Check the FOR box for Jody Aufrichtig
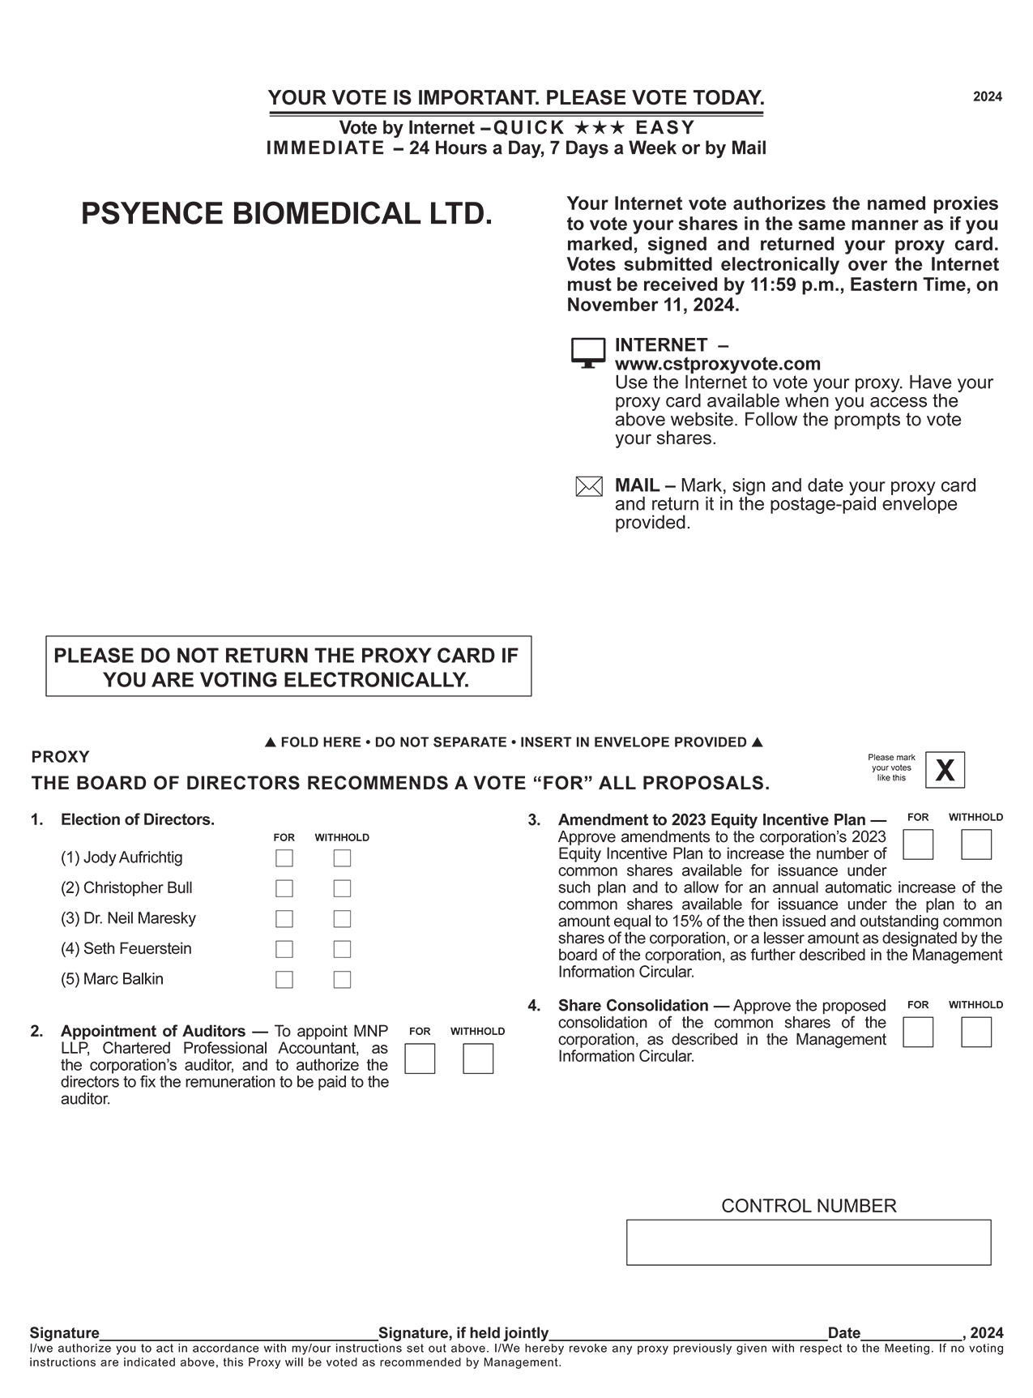(x=284, y=858)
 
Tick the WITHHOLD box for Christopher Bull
(x=342, y=888)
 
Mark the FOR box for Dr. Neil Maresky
(x=284, y=919)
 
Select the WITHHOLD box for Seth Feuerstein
(x=342, y=949)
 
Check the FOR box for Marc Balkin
(x=284, y=980)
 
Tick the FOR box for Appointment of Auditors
(x=420, y=1058)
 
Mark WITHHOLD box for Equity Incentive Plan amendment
(x=976, y=844)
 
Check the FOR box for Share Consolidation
(x=918, y=1032)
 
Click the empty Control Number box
(x=808, y=1242)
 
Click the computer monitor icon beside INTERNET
(x=588, y=353)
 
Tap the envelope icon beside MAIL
(x=588, y=487)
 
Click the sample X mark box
(x=945, y=770)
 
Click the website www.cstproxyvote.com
(x=717, y=364)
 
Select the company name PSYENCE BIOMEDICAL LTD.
(x=287, y=214)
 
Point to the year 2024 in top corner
(x=987, y=97)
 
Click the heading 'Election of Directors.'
(x=138, y=819)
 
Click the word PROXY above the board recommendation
(x=60, y=757)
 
